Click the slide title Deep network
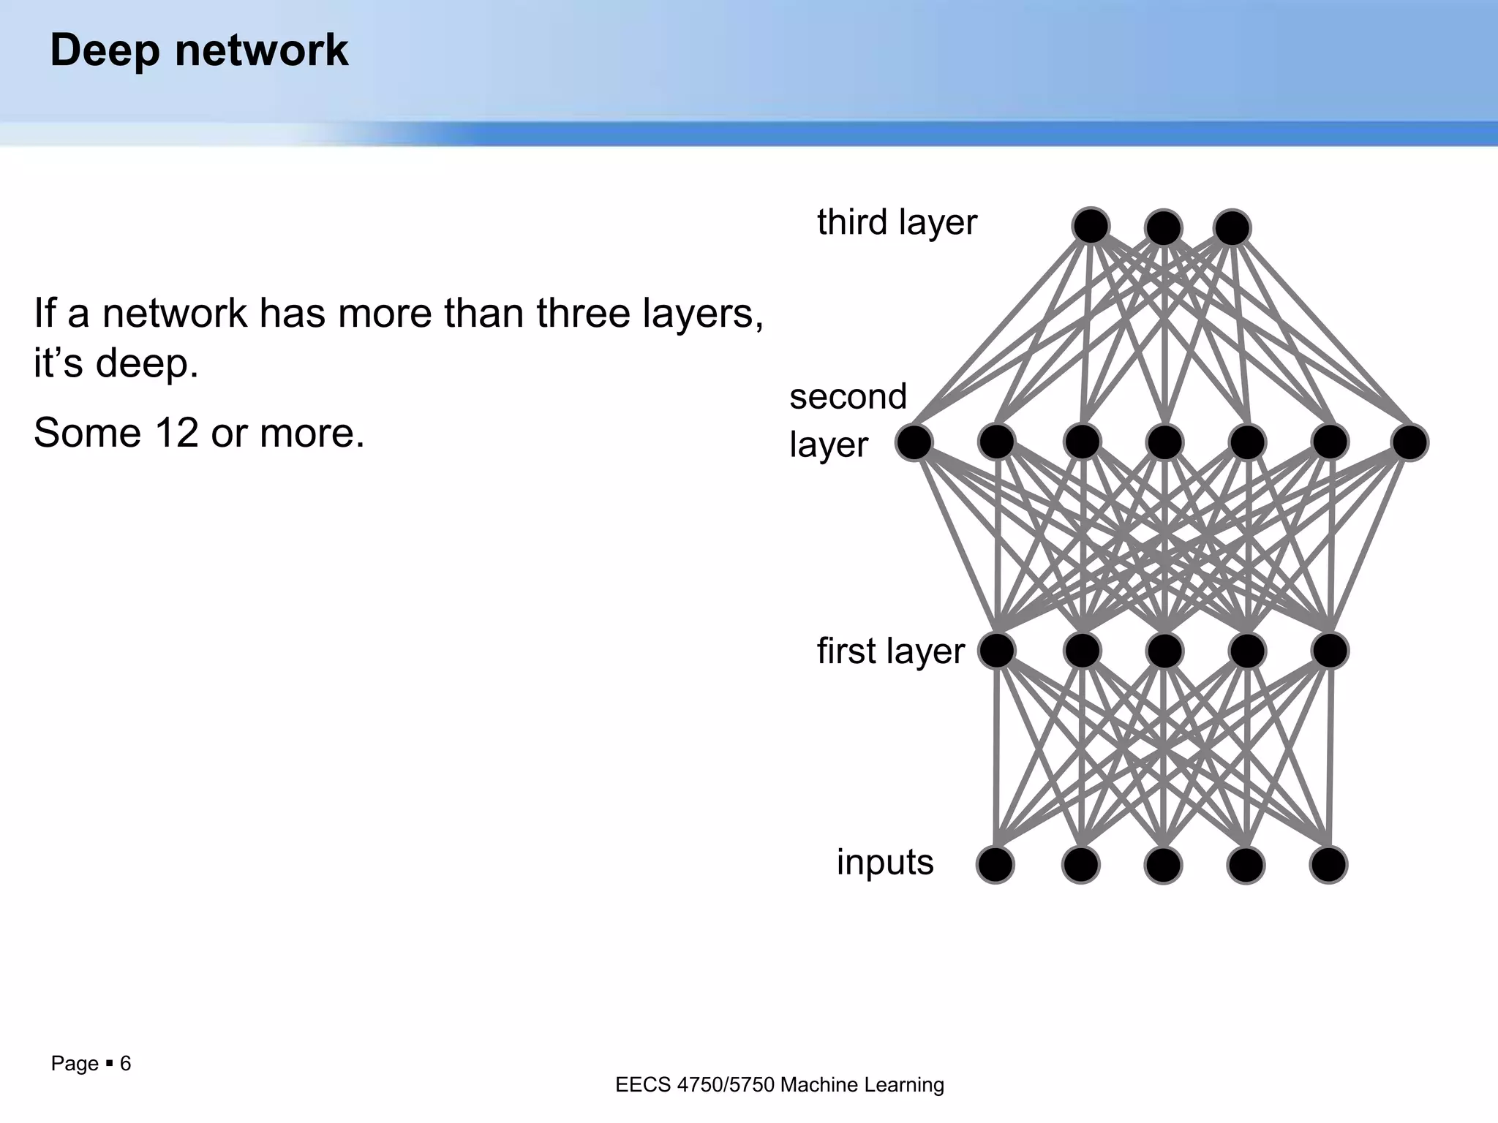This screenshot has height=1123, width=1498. [199, 50]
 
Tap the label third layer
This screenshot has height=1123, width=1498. [897, 222]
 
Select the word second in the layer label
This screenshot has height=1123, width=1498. [848, 396]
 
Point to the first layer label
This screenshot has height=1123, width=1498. [890, 650]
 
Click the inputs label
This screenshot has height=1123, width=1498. [885, 861]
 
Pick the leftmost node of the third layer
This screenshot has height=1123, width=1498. [1091, 226]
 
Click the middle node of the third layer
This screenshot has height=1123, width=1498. [1163, 228]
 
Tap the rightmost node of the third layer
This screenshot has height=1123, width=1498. [1232, 228]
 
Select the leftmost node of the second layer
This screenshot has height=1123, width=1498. [914, 442]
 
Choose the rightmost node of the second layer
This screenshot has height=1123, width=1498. [1409, 442]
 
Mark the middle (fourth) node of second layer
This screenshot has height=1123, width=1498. [1164, 442]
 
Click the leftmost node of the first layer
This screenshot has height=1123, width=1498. [996, 650]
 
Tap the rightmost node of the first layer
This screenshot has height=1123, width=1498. [1330, 650]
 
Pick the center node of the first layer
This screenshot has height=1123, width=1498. [1164, 650]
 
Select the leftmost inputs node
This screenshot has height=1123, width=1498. [995, 865]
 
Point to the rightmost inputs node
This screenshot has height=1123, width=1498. [1328, 865]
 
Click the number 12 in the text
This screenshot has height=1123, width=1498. [176, 432]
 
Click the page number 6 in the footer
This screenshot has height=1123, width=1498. [125, 1063]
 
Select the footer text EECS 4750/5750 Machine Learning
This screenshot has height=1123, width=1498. [780, 1084]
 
